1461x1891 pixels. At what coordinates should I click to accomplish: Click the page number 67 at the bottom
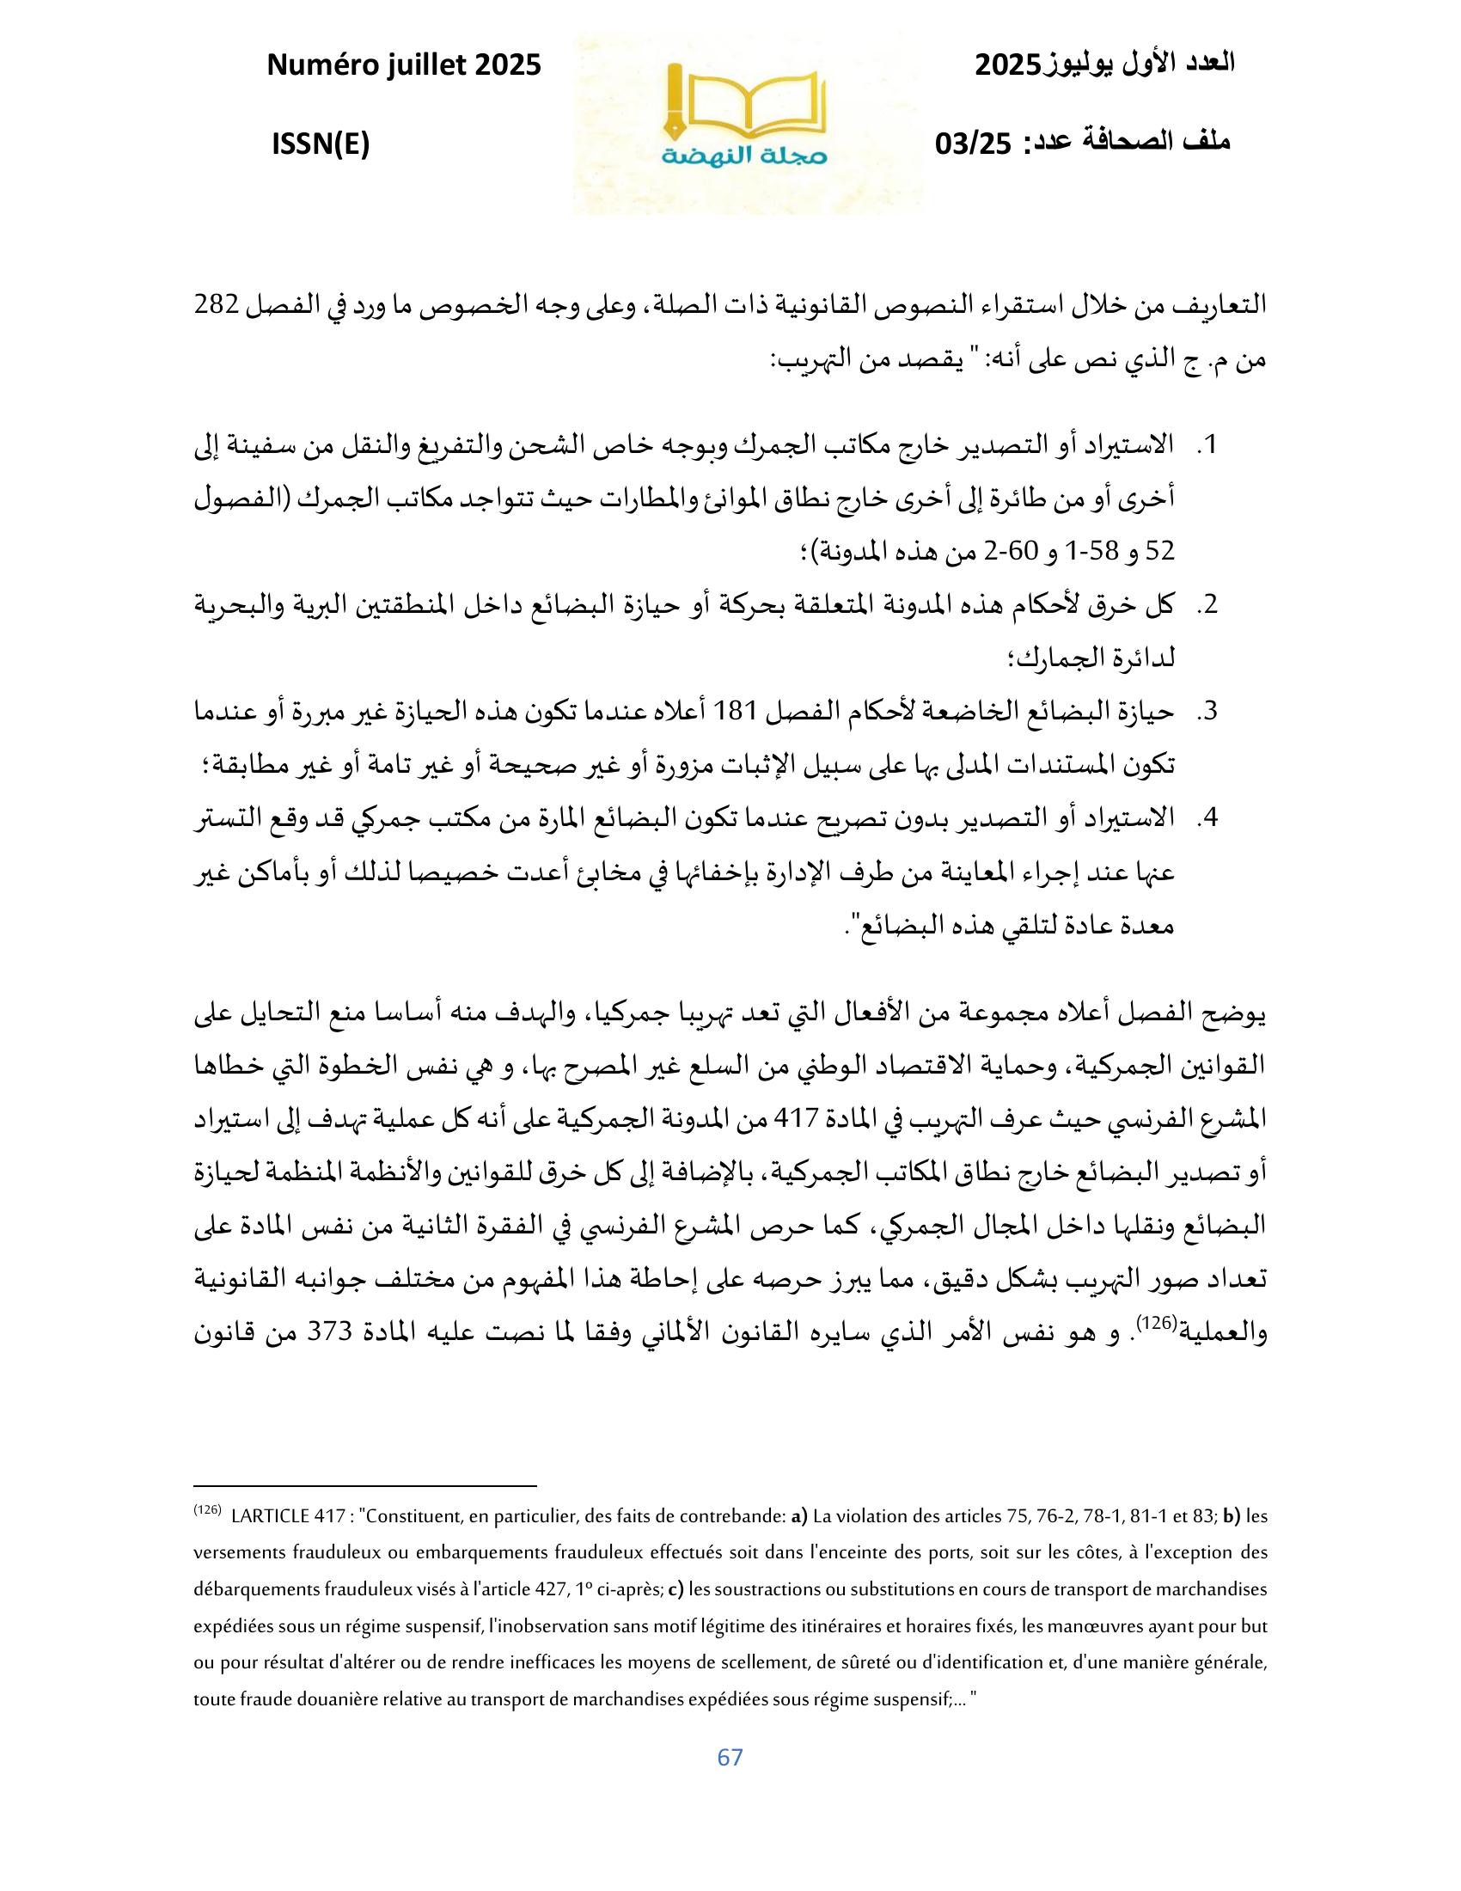pyautogui.click(x=730, y=1757)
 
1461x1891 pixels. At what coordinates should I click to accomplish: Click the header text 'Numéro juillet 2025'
pyautogui.click(x=403, y=65)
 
